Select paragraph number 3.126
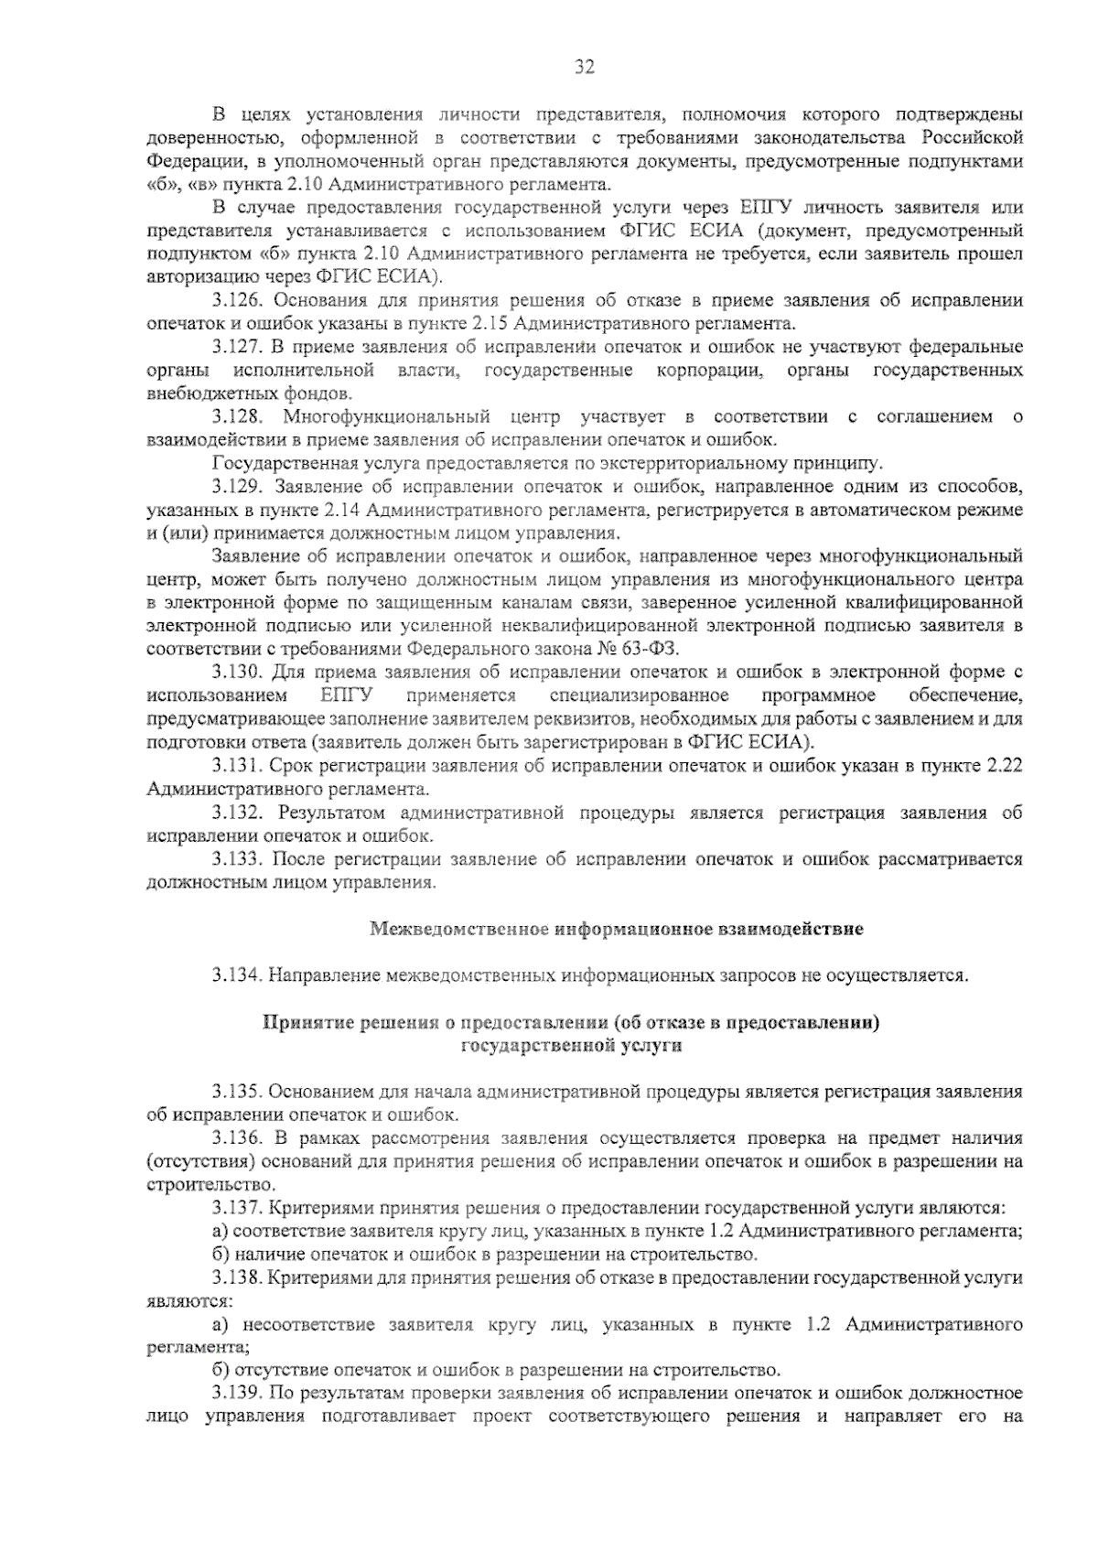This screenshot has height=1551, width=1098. tap(238, 301)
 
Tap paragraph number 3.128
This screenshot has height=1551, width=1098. tap(238, 417)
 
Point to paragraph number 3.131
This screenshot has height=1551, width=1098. tap(238, 765)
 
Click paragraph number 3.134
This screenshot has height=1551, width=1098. tap(238, 975)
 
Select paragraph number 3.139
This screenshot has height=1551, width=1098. tap(238, 1395)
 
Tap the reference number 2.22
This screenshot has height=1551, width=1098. tap(1003, 765)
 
